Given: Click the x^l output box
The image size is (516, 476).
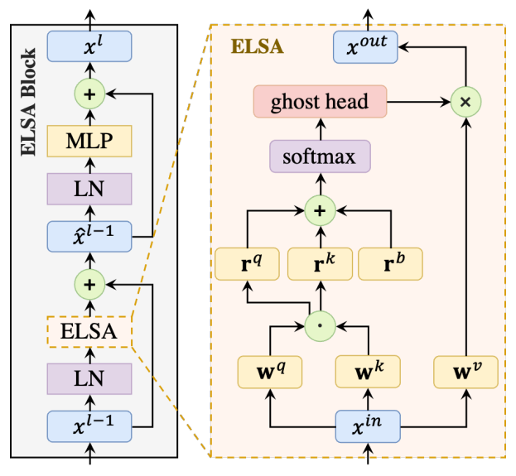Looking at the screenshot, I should [x=90, y=46].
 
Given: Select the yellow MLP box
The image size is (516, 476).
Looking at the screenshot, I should [x=90, y=141].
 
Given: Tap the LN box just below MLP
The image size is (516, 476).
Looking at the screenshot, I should [x=90, y=189].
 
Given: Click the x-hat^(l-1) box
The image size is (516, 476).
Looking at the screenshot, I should [x=90, y=237].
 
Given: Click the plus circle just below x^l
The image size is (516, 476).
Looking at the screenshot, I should [x=90, y=94].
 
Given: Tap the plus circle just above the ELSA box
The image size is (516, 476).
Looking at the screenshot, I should [x=90, y=284].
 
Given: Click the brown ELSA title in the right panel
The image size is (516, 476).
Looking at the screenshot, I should [x=257, y=46].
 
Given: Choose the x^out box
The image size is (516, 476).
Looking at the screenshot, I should [x=365, y=46].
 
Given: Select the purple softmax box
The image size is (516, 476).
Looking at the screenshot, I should [x=320, y=156].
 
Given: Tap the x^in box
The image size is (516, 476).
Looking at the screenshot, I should [x=365, y=428].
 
